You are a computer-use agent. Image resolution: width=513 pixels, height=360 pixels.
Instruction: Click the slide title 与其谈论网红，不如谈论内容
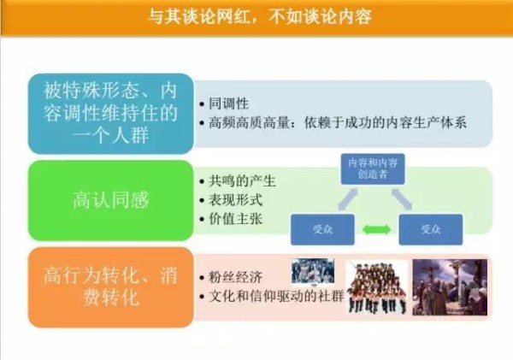(259, 16)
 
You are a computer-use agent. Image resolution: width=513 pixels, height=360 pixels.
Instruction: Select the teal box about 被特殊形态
(110, 114)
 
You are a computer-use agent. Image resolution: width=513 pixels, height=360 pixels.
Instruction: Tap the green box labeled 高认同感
(110, 200)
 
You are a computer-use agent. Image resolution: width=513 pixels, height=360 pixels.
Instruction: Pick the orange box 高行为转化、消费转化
(110, 287)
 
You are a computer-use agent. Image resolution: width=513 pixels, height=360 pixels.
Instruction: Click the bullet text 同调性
(228, 104)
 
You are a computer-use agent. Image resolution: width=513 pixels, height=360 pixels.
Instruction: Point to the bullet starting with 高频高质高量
(338, 123)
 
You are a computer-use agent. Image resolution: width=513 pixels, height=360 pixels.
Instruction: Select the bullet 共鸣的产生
(242, 181)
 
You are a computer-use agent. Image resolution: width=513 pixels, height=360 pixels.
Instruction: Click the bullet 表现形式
(236, 200)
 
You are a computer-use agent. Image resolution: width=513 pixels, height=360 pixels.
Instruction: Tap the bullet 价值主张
(236, 219)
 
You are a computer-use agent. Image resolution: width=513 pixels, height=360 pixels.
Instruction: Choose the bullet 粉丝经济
(236, 277)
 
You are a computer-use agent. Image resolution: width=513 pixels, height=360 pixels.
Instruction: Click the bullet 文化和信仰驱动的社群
(276, 296)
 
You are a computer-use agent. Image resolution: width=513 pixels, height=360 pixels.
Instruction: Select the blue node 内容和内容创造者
(373, 168)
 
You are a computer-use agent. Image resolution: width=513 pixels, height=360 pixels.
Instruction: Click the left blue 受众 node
(322, 229)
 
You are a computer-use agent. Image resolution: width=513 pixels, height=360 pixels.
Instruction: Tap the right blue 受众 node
(431, 229)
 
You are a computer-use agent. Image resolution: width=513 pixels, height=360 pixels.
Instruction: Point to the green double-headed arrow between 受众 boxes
(376, 229)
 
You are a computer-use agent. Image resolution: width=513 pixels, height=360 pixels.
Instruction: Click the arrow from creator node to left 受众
(347, 199)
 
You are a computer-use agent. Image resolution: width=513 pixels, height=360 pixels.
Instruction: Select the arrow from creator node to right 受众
(402, 199)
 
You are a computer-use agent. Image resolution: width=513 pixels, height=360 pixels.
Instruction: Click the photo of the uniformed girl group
(377, 287)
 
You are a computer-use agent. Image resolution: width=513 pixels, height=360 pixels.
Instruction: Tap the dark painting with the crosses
(450, 287)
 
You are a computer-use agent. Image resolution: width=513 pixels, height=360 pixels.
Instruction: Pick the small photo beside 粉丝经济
(313, 271)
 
